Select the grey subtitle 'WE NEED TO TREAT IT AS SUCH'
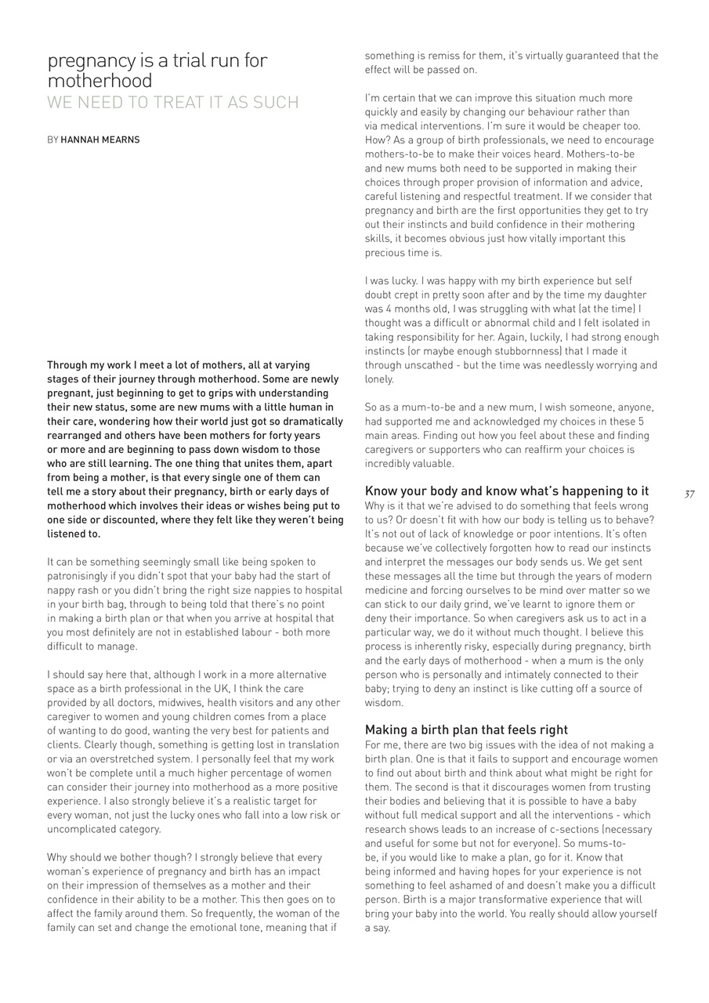[x=173, y=103]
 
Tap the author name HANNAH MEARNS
[x=100, y=140]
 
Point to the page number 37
[x=689, y=494]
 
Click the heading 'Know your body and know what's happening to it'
[x=507, y=491]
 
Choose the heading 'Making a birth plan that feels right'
[x=466, y=730]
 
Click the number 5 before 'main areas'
[x=641, y=422]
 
